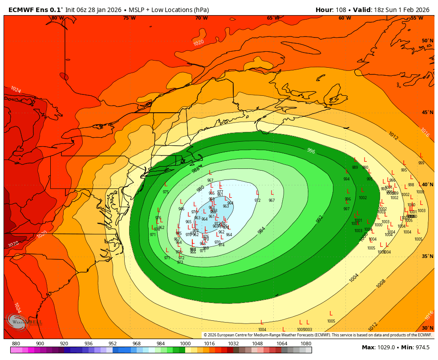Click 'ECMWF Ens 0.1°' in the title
pos(35,10)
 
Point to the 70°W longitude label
pos(201,18)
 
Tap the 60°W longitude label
pos(345,18)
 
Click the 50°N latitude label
pos(427,41)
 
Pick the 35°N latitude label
pos(427,257)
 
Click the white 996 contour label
pos(311,151)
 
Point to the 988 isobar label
pos(196,170)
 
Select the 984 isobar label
pos(262,230)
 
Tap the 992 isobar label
pos(320,219)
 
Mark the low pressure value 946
pos(181,209)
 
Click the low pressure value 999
pos(421,163)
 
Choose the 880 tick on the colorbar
pos(16,344)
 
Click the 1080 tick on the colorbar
pos(306,344)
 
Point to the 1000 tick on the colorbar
pos(185,344)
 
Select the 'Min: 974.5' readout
pos(415,348)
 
